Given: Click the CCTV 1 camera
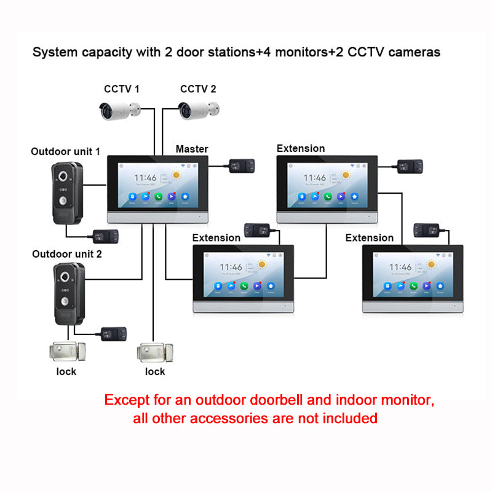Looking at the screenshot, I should pyautogui.click(x=120, y=110).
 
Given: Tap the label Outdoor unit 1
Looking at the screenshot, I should pyautogui.click(x=65, y=151).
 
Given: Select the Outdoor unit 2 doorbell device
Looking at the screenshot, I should pyautogui.click(x=68, y=294).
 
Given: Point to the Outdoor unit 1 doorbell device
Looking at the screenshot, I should pyautogui.click(x=67, y=193).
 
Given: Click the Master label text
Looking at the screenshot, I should pyautogui.click(x=192, y=149).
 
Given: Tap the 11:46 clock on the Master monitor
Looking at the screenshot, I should pyautogui.click(x=145, y=178).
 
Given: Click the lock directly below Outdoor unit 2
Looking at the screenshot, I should pyautogui.click(x=62, y=352).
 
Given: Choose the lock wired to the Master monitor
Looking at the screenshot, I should pyautogui.click(x=151, y=352).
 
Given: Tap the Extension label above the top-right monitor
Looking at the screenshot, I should pyautogui.click(x=301, y=148).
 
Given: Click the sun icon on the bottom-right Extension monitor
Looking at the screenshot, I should pyautogui.click(x=434, y=265).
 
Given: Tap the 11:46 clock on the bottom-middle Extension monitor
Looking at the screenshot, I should pyautogui.click(x=231, y=267).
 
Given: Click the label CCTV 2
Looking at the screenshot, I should pyautogui.click(x=198, y=89).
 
